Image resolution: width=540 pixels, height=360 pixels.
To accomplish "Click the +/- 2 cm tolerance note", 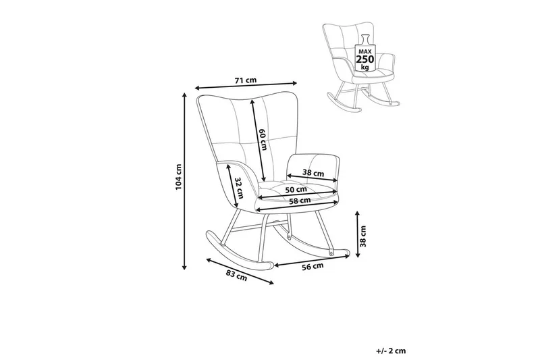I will point(392,351).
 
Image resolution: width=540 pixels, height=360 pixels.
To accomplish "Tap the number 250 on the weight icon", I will point(365,59).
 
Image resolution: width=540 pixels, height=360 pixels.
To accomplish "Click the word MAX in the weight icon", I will point(365,49).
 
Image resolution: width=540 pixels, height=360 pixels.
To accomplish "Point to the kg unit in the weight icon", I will point(365,68).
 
